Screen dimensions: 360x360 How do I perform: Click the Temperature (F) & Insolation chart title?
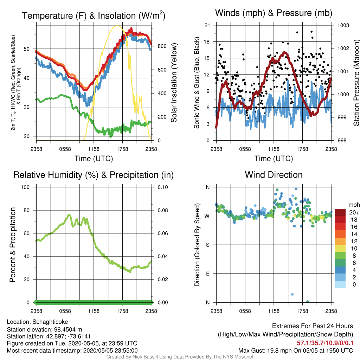pyautogui.click(x=94, y=15)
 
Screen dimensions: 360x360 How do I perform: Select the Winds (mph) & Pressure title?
pyautogui.click(x=274, y=13)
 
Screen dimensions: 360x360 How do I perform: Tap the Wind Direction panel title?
pyautogui.click(x=274, y=175)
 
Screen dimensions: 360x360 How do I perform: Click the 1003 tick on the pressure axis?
pyautogui.click(x=343, y=25)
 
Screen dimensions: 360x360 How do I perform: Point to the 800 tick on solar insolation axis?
pyautogui.click(x=162, y=46)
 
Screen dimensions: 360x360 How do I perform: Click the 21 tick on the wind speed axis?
pyautogui.click(x=207, y=25)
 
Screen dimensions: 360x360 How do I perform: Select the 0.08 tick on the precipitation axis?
pyautogui.click(x=163, y=210)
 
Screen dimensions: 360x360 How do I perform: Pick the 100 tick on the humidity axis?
pyautogui.click(x=25, y=187)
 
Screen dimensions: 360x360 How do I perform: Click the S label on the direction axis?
pyautogui.click(x=207, y=245)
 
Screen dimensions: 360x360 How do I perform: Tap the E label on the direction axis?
pyautogui.click(x=207, y=274)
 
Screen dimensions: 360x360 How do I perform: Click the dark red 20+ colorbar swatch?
pyautogui.click(x=340, y=212)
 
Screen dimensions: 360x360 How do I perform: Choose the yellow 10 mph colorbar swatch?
pyautogui.click(x=340, y=249)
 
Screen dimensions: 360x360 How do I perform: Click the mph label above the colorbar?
pyautogui.click(x=354, y=205)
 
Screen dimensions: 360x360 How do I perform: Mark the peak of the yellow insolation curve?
pyautogui.click(x=117, y=26)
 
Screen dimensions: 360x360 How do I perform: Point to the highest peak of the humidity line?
pyautogui.click(x=69, y=215)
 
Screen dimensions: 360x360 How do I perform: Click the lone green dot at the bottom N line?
pyautogui.click(x=308, y=302)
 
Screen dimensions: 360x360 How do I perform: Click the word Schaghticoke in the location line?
pyautogui.click(x=50, y=322)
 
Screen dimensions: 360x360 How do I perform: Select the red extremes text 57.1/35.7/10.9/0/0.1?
pyautogui.click(x=325, y=343)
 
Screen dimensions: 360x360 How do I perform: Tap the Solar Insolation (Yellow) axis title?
pyautogui.click(x=174, y=83)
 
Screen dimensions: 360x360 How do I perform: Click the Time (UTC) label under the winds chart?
pyautogui.click(x=274, y=159)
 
